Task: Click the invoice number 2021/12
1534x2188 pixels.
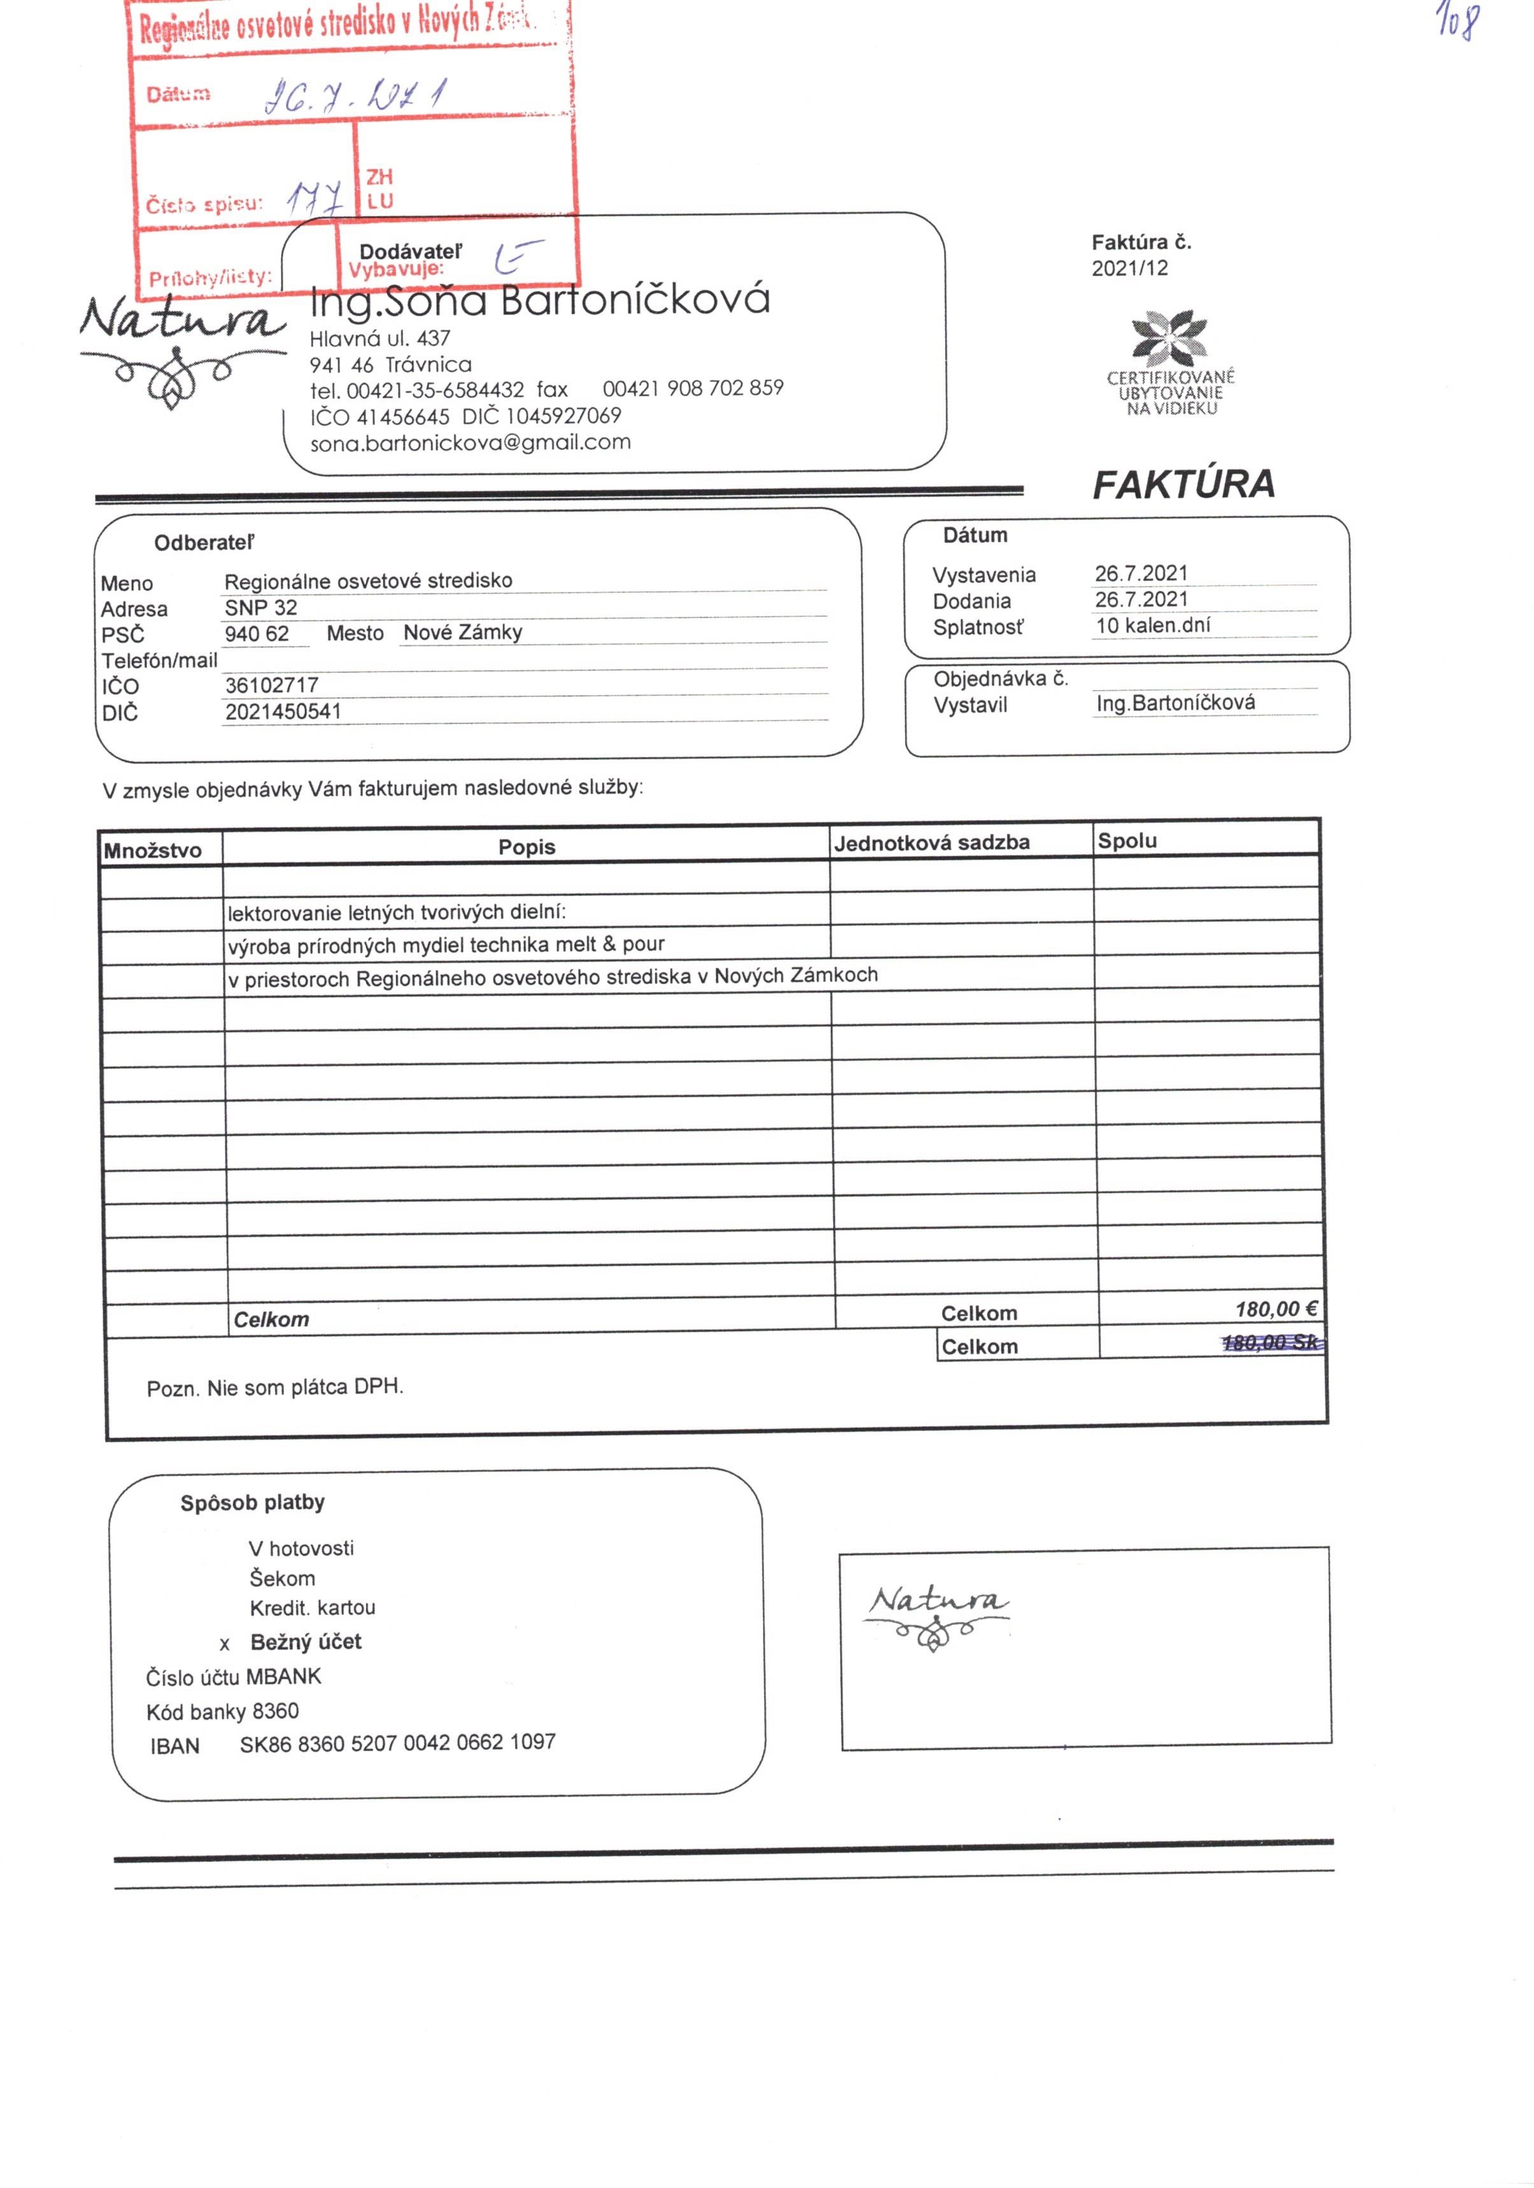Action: (1129, 268)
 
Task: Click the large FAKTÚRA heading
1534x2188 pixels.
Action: (1182, 484)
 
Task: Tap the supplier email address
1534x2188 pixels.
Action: (470, 442)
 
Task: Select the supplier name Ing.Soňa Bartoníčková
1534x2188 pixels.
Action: (539, 300)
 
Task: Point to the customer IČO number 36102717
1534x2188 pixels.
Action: (272, 685)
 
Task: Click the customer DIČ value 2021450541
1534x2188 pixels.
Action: (283, 711)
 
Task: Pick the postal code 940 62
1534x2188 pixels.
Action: (257, 633)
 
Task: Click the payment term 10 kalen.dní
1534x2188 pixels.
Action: (1153, 626)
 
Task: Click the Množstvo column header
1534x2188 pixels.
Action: (153, 850)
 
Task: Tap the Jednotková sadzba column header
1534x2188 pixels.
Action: (932, 842)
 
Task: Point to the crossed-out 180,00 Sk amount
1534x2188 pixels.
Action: (1272, 1343)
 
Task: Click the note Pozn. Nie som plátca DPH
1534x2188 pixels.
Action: (274, 1388)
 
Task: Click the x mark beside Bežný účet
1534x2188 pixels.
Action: (225, 1644)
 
